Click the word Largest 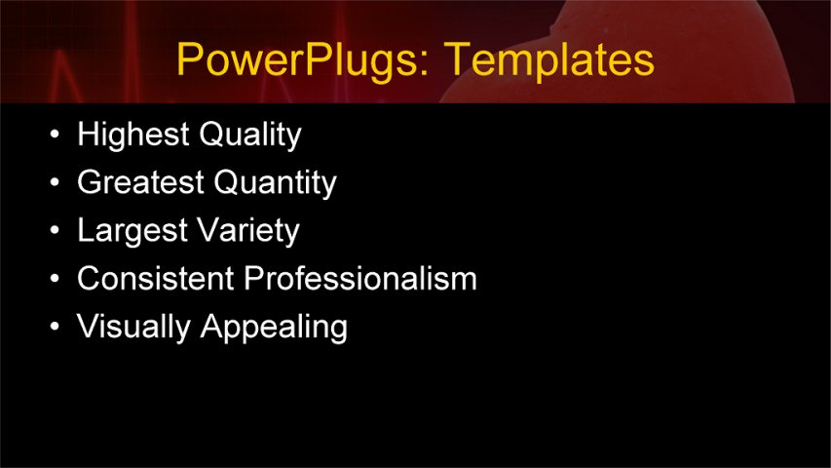pos(132,231)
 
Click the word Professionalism pos(360,279)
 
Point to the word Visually pos(134,327)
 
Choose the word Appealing pos(274,328)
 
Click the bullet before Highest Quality pos(56,136)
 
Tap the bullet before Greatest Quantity pos(56,183)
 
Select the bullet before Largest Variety pos(56,232)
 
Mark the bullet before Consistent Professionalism pos(56,280)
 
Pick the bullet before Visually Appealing pos(56,328)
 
